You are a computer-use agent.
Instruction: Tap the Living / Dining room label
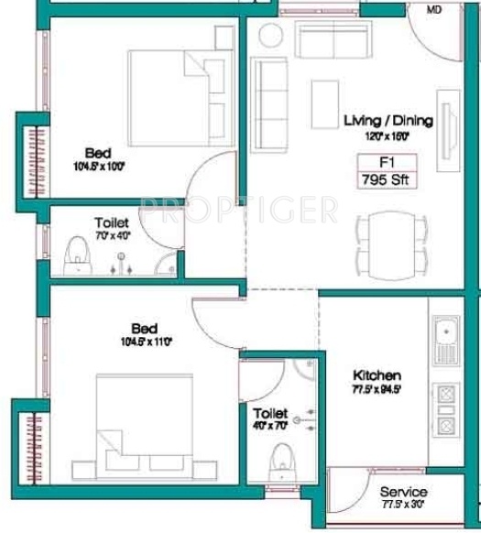[x=388, y=120]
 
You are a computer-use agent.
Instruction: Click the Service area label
[x=403, y=494]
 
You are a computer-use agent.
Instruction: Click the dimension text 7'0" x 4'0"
[x=111, y=234]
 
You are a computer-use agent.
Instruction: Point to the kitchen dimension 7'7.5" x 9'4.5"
[x=378, y=390]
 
